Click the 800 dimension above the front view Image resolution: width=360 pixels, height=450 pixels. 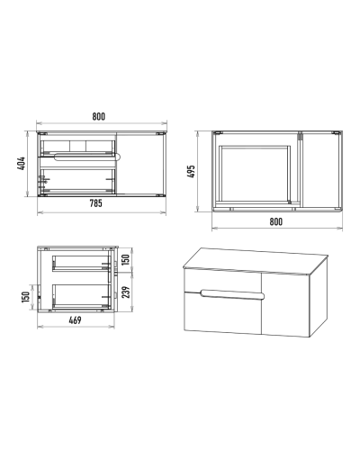[x=99, y=116]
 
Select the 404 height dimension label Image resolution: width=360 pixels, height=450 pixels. [x=22, y=164]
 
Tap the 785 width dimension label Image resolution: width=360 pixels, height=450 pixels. [x=96, y=203]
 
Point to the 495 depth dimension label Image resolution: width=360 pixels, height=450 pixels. [x=191, y=171]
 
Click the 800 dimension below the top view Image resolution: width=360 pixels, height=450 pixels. [x=275, y=221]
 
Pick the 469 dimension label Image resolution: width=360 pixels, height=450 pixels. [x=75, y=320]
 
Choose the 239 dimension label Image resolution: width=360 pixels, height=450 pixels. [x=127, y=292]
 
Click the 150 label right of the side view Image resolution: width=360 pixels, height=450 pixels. [x=126, y=259]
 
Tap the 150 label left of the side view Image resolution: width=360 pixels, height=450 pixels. [x=26, y=297]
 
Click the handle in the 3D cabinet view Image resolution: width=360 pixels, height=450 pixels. [x=233, y=295]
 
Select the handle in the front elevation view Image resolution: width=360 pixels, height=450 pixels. [x=87, y=156]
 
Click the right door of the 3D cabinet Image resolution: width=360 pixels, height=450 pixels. [x=285, y=304]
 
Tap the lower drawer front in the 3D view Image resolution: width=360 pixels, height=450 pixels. [x=222, y=314]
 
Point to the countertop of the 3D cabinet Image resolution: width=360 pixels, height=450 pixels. [x=256, y=261]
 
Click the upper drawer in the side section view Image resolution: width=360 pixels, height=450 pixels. [x=81, y=264]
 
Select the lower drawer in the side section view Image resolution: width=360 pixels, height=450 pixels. [x=81, y=296]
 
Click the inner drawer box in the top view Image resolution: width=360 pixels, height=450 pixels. [x=255, y=174]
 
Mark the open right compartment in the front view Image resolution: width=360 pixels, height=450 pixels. [x=140, y=164]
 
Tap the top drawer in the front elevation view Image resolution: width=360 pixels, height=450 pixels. [x=77, y=148]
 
